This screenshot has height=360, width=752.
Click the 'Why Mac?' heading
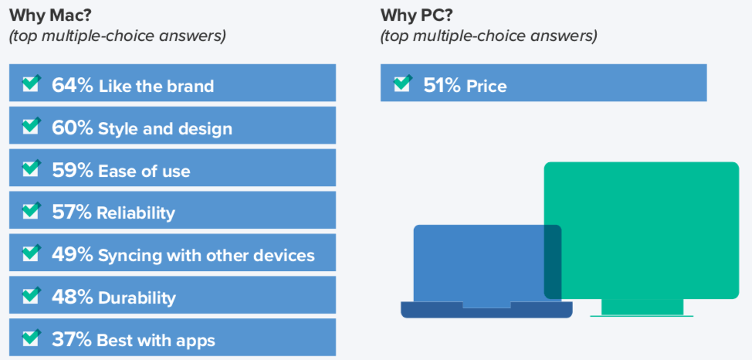tap(50, 16)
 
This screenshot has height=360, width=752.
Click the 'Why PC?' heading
tap(417, 16)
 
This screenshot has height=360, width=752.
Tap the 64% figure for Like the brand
tap(72, 86)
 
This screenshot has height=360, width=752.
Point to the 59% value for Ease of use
tap(72, 171)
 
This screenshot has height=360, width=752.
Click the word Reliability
tap(136, 212)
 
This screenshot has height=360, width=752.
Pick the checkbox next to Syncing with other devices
tap(31, 252)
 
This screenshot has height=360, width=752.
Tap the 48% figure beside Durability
tap(72, 297)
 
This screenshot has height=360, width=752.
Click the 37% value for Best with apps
tap(72, 340)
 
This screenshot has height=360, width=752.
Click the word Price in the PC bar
tap(486, 87)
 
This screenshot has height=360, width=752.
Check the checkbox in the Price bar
tap(403, 83)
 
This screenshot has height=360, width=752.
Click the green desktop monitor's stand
tap(642, 307)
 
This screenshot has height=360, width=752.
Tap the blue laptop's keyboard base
tap(486, 310)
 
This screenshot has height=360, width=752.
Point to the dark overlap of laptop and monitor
tap(553, 262)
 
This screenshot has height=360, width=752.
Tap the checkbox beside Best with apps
tap(31, 337)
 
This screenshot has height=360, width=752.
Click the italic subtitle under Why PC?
tap(489, 36)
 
